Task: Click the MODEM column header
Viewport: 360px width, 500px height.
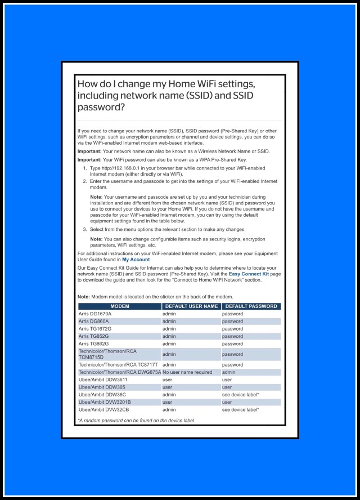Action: [120, 306]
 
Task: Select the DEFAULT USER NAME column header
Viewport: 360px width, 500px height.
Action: [191, 306]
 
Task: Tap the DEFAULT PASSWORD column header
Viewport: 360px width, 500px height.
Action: [251, 306]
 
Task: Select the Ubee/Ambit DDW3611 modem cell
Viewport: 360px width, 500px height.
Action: [102, 380]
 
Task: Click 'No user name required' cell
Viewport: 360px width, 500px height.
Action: [187, 372]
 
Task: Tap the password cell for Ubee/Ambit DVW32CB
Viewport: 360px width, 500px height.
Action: [240, 409]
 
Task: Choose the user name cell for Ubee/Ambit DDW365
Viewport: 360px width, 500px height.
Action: [167, 387]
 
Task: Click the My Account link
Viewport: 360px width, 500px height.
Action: [136, 260]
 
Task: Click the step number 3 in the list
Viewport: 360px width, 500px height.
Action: [85, 229]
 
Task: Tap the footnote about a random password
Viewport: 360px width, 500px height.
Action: [136, 421]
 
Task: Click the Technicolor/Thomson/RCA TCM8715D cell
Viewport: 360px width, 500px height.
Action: [107, 354]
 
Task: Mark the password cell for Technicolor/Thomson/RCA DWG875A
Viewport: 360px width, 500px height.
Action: [229, 372]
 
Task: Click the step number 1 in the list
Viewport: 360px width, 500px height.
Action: [85, 168]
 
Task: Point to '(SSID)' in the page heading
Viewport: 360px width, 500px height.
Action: [195, 96]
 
